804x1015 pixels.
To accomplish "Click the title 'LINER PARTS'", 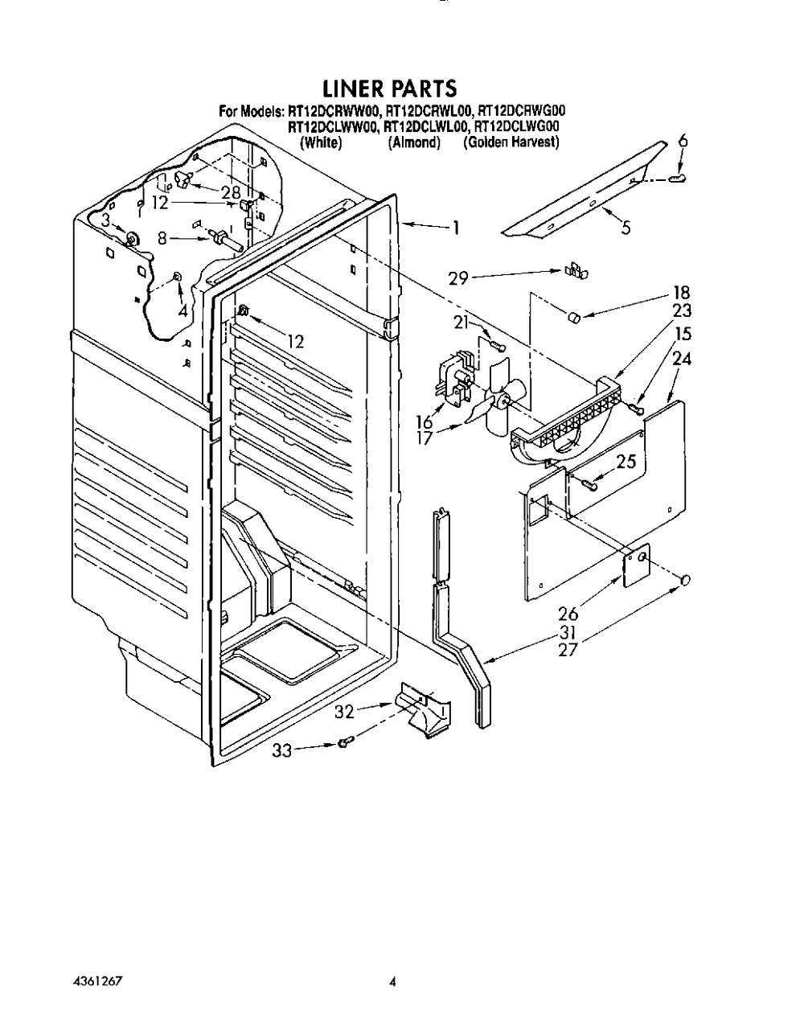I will [x=390, y=87].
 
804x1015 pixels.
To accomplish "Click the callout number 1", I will [x=455, y=228].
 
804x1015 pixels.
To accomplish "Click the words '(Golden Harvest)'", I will [x=511, y=142].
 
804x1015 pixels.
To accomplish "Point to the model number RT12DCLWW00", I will [x=333, y=126].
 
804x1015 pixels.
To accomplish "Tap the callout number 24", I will [x=681, y=360].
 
